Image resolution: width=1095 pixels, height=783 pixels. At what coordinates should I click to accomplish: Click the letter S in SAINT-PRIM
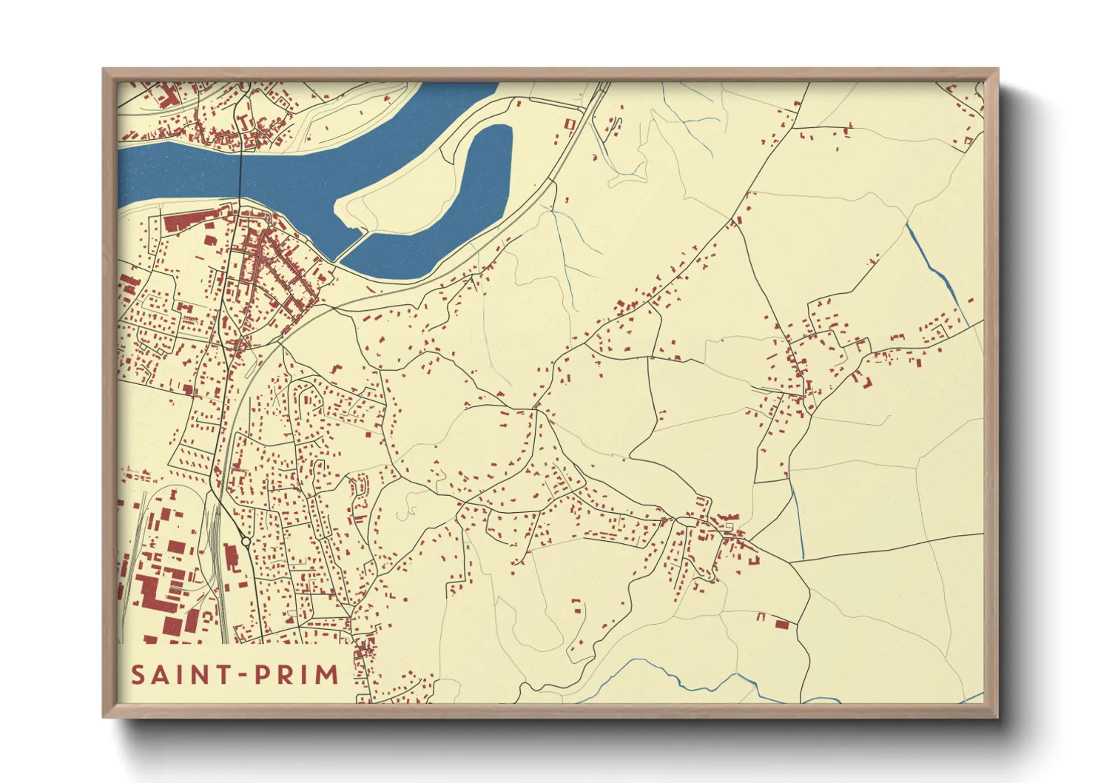(x=138, y=675)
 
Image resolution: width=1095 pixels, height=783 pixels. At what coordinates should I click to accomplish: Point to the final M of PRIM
(x=327, y=675)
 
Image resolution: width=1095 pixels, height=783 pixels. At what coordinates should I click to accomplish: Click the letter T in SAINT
(x=220, y=675)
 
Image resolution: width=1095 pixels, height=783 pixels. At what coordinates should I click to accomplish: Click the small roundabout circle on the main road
(x=246, y=542)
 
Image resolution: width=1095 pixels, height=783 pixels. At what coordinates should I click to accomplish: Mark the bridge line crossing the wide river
(x=240, y=170)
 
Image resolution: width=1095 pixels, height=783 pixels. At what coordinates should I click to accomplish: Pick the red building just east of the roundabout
(x=232, y=557)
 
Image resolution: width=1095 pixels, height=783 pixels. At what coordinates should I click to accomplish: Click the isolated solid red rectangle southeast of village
(x=782, y=625)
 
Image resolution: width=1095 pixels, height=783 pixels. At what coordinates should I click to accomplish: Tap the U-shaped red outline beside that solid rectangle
(x=761, y=616)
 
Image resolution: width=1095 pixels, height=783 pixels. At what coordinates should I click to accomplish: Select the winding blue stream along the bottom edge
(x=666, y=673)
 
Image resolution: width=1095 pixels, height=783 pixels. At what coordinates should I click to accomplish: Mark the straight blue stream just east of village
(x=799, y=522)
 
